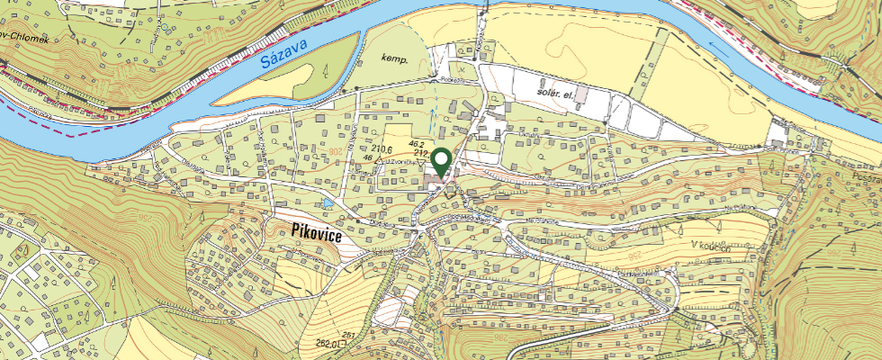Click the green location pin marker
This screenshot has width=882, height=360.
pos(441,162)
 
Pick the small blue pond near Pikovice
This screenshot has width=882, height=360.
pos(328,203)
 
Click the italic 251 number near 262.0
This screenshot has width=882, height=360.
pos(348,336)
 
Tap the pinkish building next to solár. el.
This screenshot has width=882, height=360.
pos(582,93)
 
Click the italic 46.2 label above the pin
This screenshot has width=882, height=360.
pos(416,144)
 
